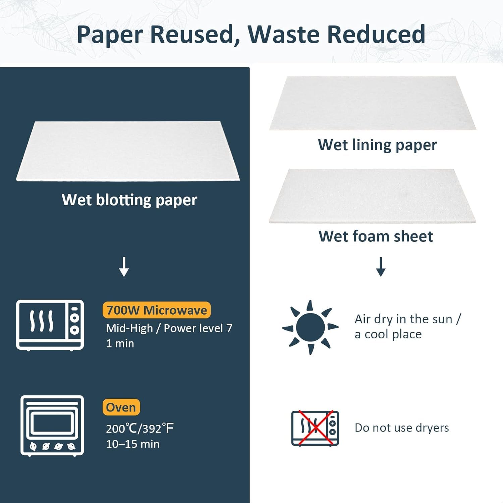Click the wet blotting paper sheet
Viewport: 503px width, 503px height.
tap(128, 151)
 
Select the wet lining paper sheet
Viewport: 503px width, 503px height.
tap(372, 103)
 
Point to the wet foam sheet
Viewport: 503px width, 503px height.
tap(372, 195)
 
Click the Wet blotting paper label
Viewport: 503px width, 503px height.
tap(129, 200)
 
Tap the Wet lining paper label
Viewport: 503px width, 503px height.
tap(377, 145)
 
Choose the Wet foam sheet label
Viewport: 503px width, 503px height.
tap(376, 236)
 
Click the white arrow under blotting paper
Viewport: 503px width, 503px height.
tap(124, 267)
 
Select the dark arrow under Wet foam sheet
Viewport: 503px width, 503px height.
tap(381, 267)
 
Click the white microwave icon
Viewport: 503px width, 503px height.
tap(50, 325)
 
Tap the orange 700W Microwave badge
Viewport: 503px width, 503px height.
tap(157, 310)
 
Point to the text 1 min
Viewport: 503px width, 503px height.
tap(120, 343)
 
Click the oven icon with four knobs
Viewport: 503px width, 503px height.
tap(52, 426)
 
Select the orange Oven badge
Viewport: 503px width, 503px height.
tap(121, 407)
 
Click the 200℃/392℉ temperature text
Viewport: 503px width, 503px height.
tap(140, 428)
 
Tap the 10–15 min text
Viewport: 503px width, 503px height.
tap(133, 444)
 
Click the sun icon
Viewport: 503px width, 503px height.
tap(311, 327)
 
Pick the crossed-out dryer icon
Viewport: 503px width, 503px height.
tap(315, 428)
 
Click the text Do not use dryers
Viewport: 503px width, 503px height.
tap(402, 428)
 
